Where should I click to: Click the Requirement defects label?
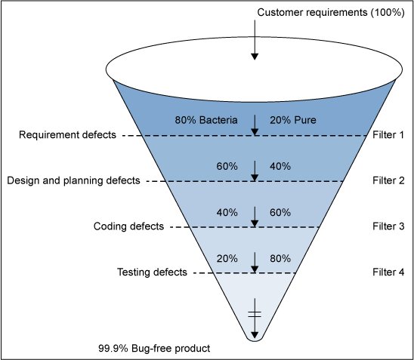67,135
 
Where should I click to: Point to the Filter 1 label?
389,135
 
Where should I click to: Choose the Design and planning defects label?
73,180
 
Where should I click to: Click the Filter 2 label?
389,180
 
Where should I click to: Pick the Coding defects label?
128,226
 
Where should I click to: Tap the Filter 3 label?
389,226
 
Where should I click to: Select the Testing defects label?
152,272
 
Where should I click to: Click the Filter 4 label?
389,272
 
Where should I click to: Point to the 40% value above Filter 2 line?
280,166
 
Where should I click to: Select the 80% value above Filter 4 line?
280,258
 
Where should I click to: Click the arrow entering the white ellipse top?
255,45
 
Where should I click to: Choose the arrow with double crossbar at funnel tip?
255,321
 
